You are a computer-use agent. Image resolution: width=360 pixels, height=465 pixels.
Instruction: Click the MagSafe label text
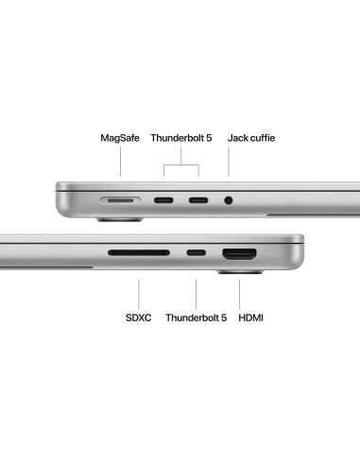click(x=120, y=138)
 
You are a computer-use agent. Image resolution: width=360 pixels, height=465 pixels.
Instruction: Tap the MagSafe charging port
click(x=120, y=200)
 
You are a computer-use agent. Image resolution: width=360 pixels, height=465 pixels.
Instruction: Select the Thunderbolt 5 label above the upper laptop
click(x=181, y=138)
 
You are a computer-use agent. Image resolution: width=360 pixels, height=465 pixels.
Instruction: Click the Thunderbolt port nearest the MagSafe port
click(x=163, y=200)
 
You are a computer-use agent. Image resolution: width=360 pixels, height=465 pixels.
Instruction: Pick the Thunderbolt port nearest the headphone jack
click(x=198, y=200)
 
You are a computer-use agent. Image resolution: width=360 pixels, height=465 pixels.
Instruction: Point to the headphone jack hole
click(x=229, y=200)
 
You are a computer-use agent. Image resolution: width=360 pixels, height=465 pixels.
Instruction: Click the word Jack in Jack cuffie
click(x=237, y=138)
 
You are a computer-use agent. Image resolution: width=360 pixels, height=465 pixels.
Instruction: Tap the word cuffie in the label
click(x=262, y=138)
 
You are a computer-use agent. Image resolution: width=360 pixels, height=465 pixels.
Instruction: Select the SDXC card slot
click(x=139, y=252)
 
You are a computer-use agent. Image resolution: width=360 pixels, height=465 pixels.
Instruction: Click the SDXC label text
click(x=138, y=318)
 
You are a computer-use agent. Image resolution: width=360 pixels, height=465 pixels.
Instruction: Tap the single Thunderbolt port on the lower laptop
click(x=196, y=252)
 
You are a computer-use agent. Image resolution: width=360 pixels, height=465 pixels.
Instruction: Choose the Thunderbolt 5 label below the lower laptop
click(x=196, y=318)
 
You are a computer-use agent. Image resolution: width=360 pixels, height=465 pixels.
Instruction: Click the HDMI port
click(x=239, y=254)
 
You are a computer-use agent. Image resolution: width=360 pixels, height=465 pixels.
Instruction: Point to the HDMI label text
click(x=250, y=318)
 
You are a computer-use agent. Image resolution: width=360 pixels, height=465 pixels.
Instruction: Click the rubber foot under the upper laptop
click(x=120, y=219)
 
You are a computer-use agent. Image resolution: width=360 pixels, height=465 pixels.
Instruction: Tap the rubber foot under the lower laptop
click(x=241, y=271)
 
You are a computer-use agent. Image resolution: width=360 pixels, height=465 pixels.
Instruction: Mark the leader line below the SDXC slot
click(x=139, y=294)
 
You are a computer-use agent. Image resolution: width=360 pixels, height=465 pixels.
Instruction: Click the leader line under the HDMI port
click(x=239, y=294)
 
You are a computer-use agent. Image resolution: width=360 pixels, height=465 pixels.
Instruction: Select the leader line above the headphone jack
click(x=229, y=162)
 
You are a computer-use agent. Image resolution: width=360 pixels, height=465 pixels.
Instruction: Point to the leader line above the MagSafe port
click(x=120, y=162)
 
